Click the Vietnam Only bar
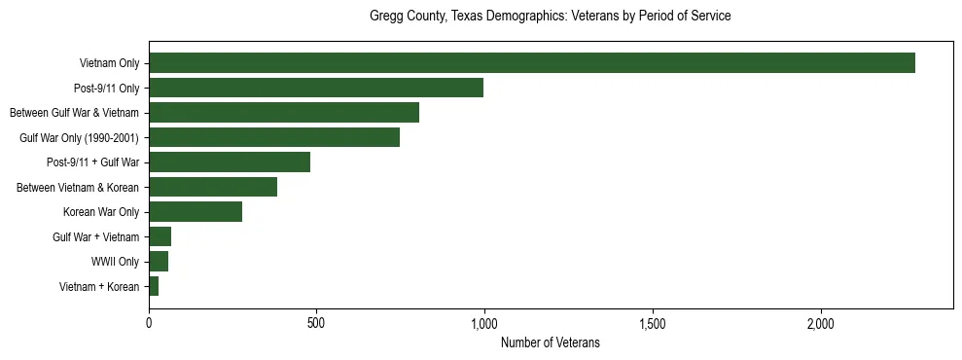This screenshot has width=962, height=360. pos(531,63)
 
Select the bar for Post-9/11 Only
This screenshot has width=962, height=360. pos(316,88)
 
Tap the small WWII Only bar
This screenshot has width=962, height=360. pos(159,262)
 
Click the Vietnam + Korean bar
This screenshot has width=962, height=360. pos(154,286)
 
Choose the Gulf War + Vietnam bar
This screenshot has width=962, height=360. pos(160,236)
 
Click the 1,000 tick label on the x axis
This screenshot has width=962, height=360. pos(484,323)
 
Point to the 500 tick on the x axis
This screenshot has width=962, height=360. pos(316,323)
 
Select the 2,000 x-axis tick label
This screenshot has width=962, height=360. pos(820,323)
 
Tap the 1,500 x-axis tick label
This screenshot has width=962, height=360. pos(653,323)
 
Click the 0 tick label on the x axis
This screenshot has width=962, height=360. pos(149,323)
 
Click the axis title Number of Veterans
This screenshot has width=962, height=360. pos(550,343)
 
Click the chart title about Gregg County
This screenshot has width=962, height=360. pos(550,17)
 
